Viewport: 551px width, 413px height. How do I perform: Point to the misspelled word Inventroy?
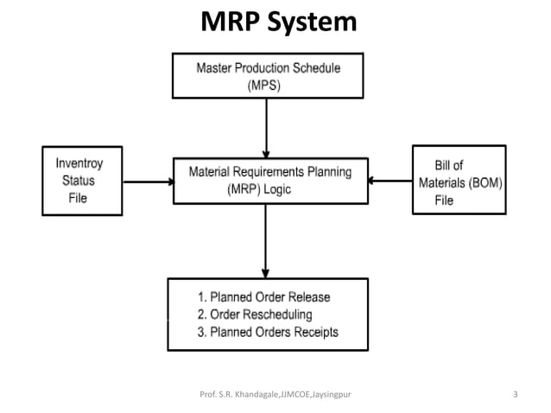82,162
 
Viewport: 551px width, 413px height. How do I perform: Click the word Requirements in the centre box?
263,172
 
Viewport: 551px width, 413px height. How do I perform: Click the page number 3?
515,395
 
